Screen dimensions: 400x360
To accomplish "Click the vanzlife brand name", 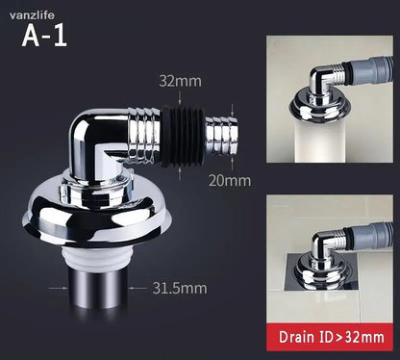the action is pyautogui.click(x=32, y=15).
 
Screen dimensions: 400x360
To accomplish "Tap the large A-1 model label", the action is pyautogui.click(x=44, y=36).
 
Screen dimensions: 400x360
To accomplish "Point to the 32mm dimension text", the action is pyautogui.click(x=181, y=81).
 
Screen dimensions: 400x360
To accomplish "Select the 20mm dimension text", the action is pyautogui.click(x=230, y=181).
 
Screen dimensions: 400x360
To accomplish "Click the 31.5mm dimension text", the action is pyautogui.click(x=180, y=288).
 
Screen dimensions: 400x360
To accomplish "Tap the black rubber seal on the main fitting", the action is pyautogui.click(x=183, y=136).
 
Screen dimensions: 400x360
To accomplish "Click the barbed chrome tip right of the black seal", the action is pyautogui.click(x=221, y=135).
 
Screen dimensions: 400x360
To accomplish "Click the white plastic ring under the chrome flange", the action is pyautogui.click(x=98, y=257).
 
